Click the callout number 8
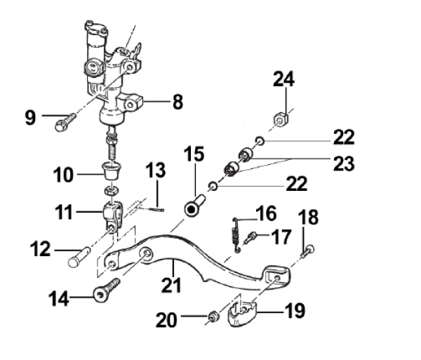178,102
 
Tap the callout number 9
30,116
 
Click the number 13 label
155,171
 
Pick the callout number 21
171,285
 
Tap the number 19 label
295,310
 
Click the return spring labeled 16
236,232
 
